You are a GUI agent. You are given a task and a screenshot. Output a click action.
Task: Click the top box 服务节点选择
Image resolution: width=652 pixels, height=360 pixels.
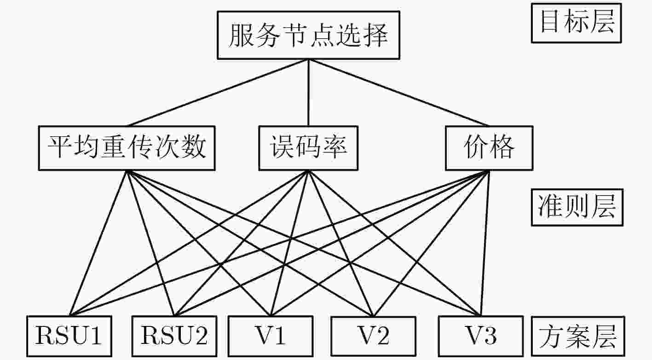coord(309,35)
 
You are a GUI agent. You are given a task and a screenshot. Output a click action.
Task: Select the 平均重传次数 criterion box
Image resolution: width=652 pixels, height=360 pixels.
coord(127,148)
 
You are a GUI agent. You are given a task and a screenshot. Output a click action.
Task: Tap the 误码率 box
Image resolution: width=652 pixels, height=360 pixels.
coord(309,148)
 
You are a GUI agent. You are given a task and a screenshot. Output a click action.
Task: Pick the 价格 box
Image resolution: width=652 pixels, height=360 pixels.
coord(489,148)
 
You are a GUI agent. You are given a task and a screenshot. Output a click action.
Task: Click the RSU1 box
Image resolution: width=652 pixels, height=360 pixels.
coord(69,336)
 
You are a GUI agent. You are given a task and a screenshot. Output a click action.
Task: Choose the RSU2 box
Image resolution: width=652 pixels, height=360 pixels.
coord(174,336)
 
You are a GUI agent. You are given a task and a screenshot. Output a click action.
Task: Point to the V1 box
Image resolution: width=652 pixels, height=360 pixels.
coord(271,336)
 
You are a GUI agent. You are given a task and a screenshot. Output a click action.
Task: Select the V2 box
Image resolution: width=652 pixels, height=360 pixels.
coord(374,336)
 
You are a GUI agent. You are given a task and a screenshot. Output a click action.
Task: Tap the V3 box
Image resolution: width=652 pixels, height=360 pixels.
coord(481,336)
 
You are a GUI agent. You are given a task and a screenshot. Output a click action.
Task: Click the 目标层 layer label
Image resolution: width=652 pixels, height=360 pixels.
coord(577,23)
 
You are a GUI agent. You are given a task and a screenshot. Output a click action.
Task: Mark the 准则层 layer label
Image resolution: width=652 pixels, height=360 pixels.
coord(577,207)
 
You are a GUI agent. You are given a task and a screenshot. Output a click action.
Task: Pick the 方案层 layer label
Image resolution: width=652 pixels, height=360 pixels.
coord(578,336)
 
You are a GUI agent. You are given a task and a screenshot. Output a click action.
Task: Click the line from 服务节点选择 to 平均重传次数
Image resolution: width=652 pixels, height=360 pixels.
coord(218,93)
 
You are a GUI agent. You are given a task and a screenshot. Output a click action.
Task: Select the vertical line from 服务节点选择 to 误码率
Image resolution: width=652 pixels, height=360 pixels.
coord(309,93)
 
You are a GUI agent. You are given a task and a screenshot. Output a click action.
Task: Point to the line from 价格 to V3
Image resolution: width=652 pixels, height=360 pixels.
coord(485,243)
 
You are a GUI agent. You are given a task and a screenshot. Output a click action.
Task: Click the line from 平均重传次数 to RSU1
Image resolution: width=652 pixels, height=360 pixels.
coord(98,243)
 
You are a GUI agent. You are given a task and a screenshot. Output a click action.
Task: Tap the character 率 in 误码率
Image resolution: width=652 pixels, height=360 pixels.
coord(334,147)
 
